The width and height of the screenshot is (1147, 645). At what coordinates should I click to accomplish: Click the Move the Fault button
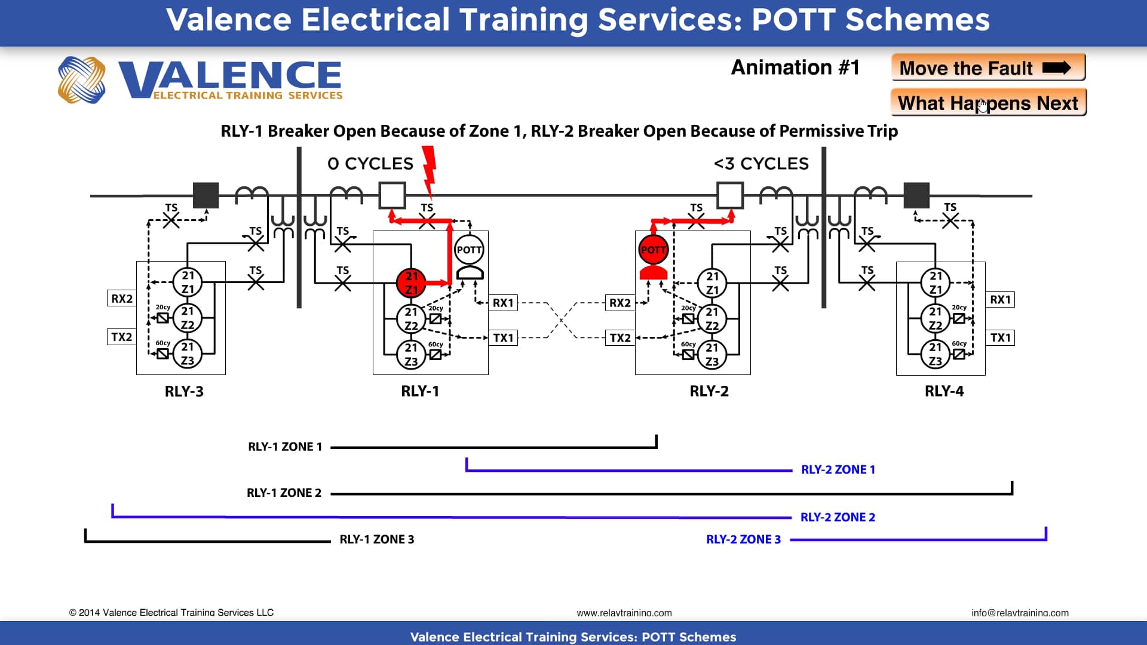[987, 67]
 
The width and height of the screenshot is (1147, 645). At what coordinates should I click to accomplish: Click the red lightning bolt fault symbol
[429, 170]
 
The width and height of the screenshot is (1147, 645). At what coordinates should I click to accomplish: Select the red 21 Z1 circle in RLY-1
[411, 282]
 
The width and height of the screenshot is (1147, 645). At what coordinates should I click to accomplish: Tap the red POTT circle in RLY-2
[653, 250]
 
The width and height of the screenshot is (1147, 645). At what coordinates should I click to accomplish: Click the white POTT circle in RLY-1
[469, 250]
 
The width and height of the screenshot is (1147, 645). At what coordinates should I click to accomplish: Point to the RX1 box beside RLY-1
[503, 303]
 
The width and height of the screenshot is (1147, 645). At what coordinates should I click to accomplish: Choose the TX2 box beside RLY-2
[620, 338]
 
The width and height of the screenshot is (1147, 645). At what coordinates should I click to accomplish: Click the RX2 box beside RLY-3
[122, 299]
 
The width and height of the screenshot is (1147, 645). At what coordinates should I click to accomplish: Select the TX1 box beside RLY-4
[1000, 337]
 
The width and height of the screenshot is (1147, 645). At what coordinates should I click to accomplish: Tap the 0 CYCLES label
[370, 164]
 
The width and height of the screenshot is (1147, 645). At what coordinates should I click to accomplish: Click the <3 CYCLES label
[761, 164]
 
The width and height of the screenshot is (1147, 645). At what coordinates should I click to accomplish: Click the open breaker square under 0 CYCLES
[392, 195]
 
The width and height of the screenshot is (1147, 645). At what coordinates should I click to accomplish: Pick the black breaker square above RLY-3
[206, 195]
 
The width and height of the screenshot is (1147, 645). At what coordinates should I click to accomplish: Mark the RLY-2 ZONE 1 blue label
[838, 469]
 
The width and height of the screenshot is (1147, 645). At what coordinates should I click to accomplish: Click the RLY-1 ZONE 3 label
[376, 539]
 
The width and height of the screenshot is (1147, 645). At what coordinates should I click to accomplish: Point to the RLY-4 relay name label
[944, 391]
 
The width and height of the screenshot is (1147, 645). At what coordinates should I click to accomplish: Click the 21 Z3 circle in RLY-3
[188, 354]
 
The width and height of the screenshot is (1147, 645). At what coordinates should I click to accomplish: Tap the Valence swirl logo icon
[82, 79]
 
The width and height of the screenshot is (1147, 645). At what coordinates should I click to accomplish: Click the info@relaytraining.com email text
[1020, 613]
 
